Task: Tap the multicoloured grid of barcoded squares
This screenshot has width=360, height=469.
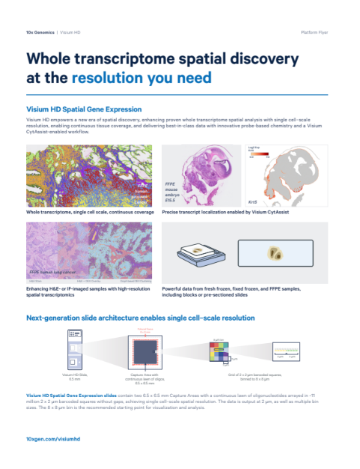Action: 221,350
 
